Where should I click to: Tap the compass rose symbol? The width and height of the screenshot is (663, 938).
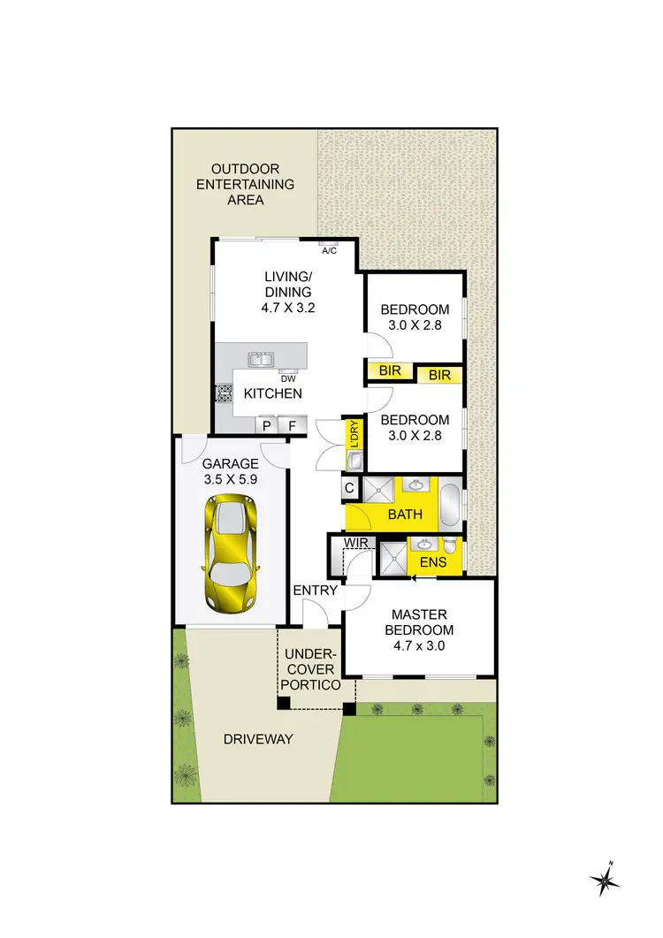click(x=604, y=879)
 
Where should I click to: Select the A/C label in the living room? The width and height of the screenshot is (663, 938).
click(x=329, y=251)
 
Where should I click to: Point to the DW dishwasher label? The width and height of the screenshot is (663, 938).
click(x=288, y=377)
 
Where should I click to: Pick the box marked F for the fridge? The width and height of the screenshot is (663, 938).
click(x=293, y=426)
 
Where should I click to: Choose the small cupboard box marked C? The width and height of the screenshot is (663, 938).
click(x=349, y=488)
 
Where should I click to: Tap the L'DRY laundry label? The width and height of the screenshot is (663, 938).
click(x=354, y=433)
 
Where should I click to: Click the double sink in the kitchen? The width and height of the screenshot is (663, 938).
click(x=261, y=359)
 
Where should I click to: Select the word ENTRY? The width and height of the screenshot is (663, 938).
click(x=316, y=590)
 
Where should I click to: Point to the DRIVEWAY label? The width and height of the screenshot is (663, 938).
click(x=259, y=738)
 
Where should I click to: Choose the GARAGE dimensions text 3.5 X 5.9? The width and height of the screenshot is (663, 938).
click(x=231, y=480)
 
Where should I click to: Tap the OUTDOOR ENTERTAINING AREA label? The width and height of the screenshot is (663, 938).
click(x=245, y=184)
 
